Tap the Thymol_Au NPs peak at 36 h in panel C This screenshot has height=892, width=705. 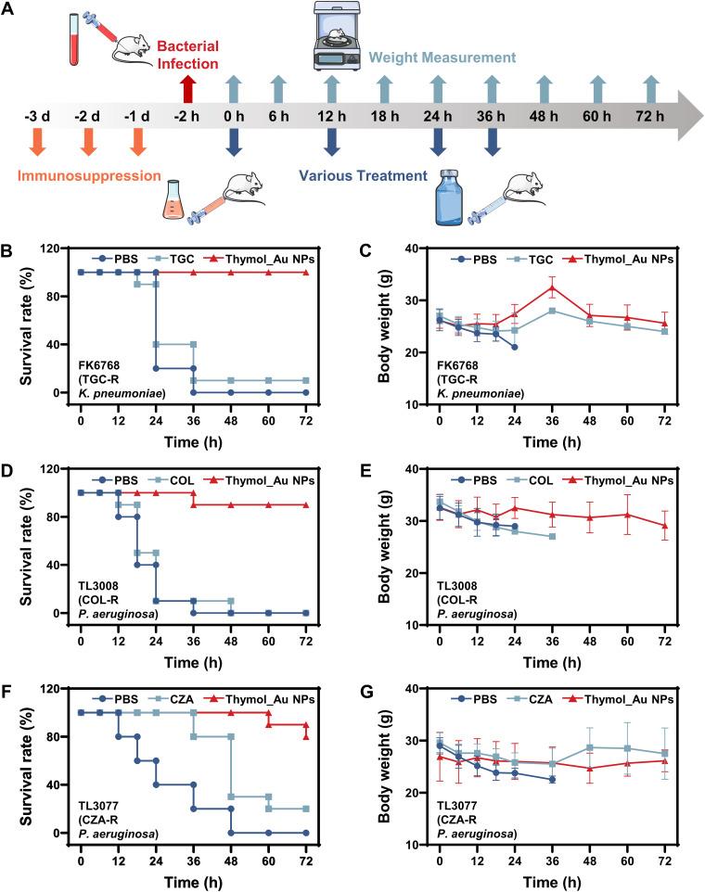click(553, 288)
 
